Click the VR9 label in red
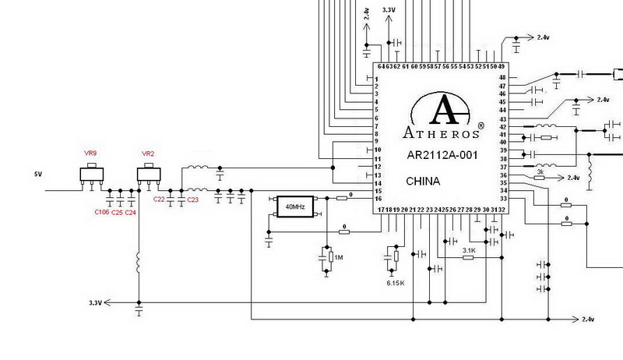tap(91, 153)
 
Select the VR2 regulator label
tap(149, 154)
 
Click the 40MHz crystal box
tap(295, 206)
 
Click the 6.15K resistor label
tap(396, 282)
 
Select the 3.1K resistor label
tap(469, 250)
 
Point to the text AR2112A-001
tap(442, 155)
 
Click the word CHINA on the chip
tap(423, 182)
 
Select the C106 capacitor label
tap(101, 212)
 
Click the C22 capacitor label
tap(160, 200)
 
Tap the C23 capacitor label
tap(192, 200)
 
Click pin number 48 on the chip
tap(502, 77)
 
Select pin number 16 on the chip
tap(377, 199)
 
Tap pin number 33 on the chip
tap(502, 199)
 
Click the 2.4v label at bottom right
tap(588, 319)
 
